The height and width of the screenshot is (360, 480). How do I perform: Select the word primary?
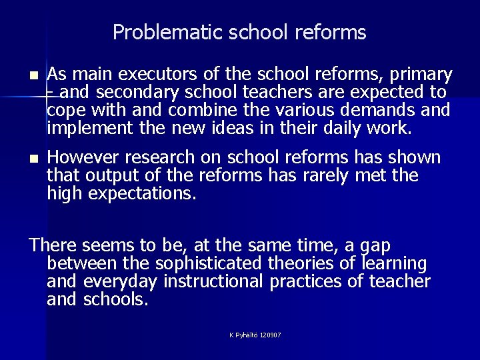click(x=417, y=74)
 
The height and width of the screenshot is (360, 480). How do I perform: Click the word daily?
click(x=331, y=127)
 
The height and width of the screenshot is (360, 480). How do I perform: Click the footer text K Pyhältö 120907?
click(x=255, y=335)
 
